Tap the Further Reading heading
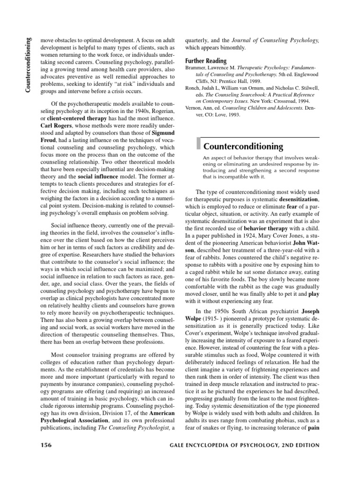click(206, 61)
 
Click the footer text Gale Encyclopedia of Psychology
click(255, 458)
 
